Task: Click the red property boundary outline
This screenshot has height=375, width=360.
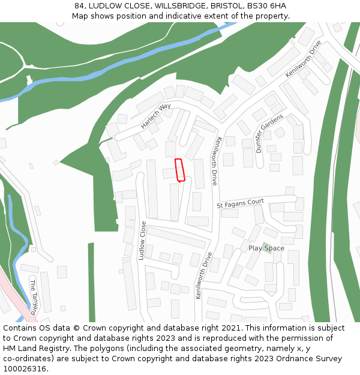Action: (179, 170)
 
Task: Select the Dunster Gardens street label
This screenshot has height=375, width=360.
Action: (269, 133)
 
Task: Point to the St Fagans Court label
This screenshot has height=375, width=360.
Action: (240, 205)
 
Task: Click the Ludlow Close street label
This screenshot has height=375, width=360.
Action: (143, 241)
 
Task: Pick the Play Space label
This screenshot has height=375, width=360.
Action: (266, 248)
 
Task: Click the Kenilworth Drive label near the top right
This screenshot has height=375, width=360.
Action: (304, 59)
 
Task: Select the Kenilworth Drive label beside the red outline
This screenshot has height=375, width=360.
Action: (215, 161)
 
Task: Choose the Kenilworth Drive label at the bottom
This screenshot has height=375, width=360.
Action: (204, 275)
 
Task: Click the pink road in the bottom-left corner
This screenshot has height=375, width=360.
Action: (18, 300)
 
